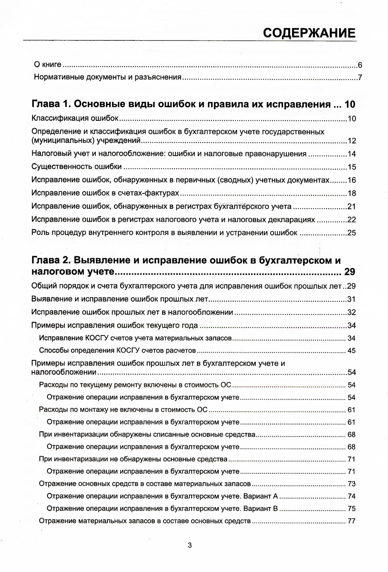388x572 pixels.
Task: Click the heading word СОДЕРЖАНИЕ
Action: point(309,33)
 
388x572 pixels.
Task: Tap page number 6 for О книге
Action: point(360,65)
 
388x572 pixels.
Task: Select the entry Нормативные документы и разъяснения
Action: point(108,77)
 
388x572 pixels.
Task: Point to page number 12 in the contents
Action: point(352,141)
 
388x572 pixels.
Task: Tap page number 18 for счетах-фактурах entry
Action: point(352,193)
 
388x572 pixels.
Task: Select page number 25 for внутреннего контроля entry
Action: point(352,233)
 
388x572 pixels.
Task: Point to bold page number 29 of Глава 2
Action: point(350,272)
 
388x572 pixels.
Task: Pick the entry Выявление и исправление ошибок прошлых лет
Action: point(120,299)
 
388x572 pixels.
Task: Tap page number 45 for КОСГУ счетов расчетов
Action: point(352,351)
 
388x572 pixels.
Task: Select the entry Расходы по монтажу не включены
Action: point(123,410)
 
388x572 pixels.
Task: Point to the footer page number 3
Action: point(190,545)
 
